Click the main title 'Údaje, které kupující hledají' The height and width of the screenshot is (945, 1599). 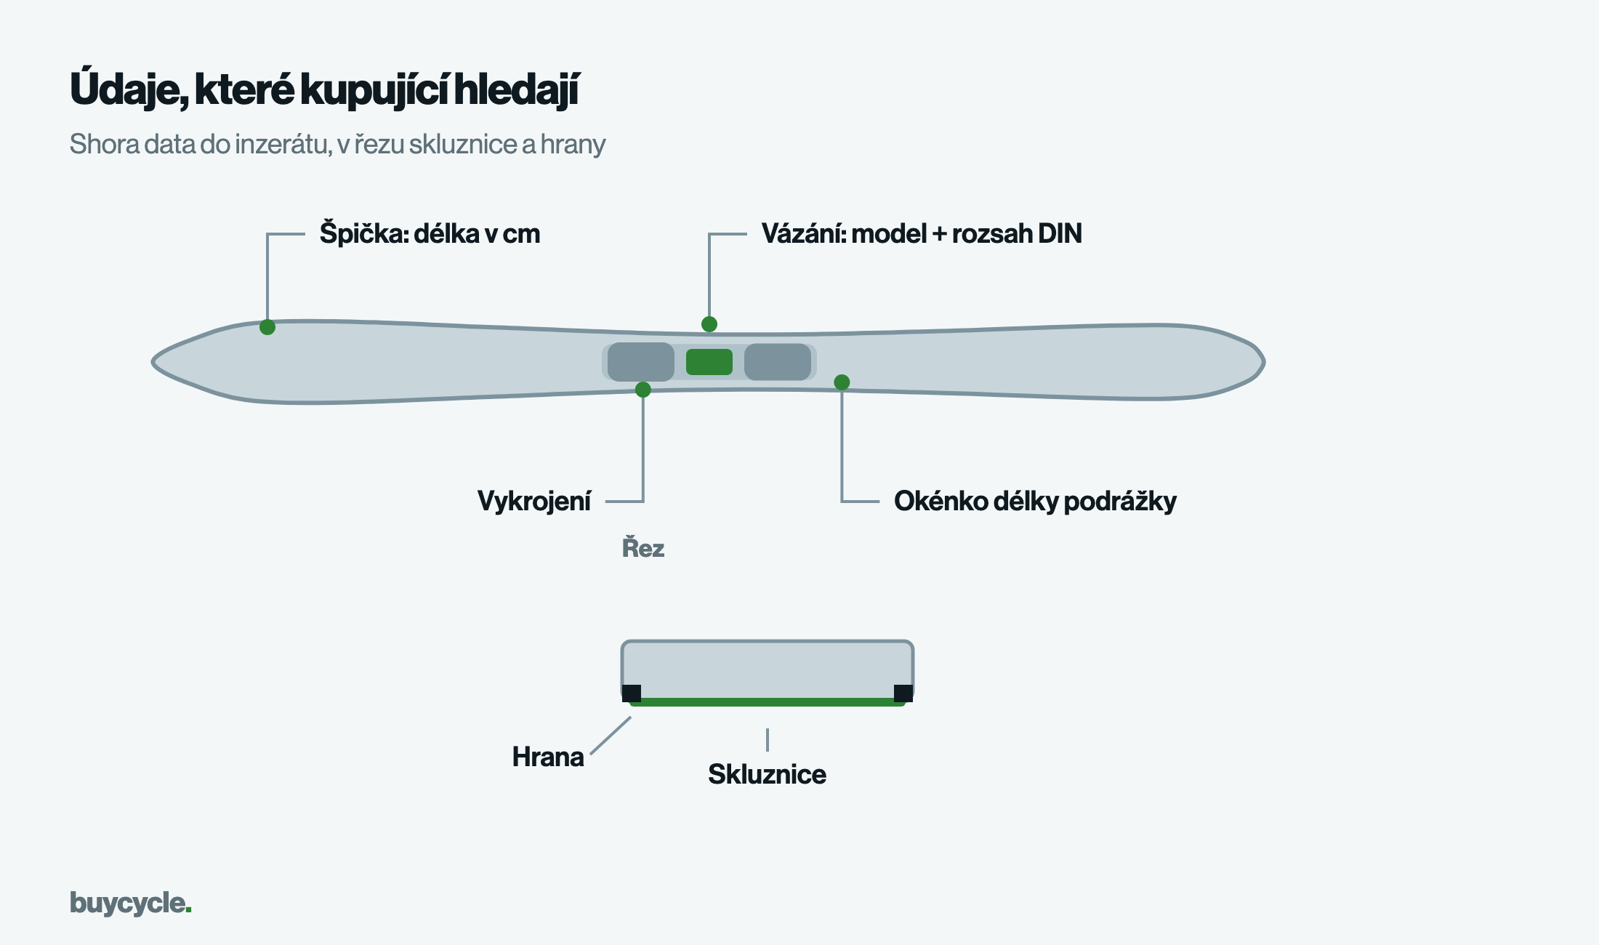tap(324, 90)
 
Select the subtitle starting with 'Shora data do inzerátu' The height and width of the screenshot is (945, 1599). tap(337, 145)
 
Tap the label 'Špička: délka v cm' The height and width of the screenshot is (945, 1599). tap(430, 233)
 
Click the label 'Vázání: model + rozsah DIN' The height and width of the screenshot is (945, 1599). tap(922, 233)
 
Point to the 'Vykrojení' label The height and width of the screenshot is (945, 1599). tap(534, 501)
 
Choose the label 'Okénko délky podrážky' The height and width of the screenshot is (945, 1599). tap(1035, 501)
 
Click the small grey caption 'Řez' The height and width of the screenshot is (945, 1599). tap(643, 547)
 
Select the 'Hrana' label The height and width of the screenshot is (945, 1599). tap(548, 757)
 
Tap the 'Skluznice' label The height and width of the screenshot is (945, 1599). tap(767, 774)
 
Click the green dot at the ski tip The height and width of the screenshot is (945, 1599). tap(267, 327)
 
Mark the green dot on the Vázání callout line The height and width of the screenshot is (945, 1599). tap(709, 324)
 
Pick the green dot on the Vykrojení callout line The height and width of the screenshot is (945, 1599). tap(643, 390)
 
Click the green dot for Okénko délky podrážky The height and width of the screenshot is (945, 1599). tap(842, 382)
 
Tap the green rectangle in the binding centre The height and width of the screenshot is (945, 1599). tap(709, 362)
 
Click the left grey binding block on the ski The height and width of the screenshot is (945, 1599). tap(641, 362)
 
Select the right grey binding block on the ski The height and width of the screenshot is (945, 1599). tap(778, 362)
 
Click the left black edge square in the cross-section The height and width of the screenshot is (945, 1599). tap(632, 693)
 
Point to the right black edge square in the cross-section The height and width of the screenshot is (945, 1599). tap(903, 693)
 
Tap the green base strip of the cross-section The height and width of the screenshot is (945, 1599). tap(768, 702)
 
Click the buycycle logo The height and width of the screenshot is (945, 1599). tap(131, 903)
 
